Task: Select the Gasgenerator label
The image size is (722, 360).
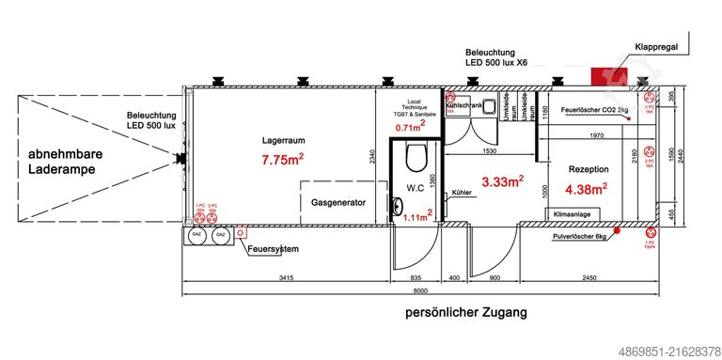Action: click(x=337, y=202)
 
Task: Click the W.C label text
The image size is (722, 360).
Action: click(x=416, y=187)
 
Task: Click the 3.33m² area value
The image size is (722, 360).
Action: click(x=501, y=181)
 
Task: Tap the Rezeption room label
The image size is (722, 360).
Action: click(x=589, y=168)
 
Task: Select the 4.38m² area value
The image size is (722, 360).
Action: click(x=587, y=189)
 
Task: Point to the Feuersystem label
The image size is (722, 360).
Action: click(x=274, y=249)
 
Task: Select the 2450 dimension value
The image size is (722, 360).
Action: click(x=589, y=279)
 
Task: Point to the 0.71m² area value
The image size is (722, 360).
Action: click(x=410, y=127)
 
